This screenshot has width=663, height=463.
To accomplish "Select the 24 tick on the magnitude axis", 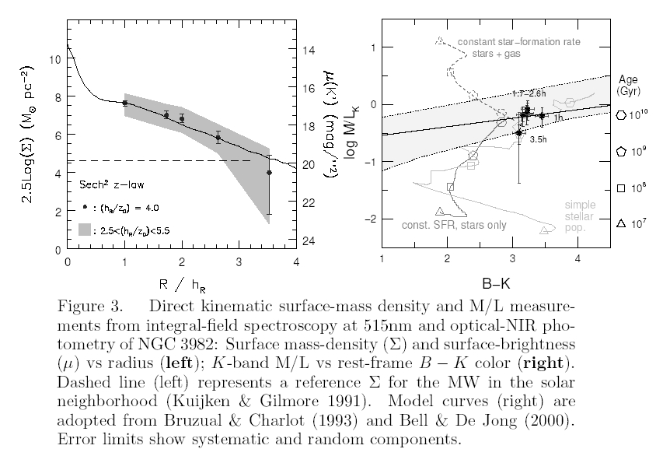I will [x=309, y=241].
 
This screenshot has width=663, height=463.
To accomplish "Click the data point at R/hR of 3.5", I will [x=269, y=173].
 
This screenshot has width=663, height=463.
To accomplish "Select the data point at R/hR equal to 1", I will [x=124, y=103].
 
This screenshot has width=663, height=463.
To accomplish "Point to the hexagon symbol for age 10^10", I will [x=620, y=115].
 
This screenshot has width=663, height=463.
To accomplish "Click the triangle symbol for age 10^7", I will [x=620, y=224].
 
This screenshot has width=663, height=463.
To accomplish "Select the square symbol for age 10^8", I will [x=620, y=188].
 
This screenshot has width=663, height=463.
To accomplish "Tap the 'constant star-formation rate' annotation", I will [x=518, y=41].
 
